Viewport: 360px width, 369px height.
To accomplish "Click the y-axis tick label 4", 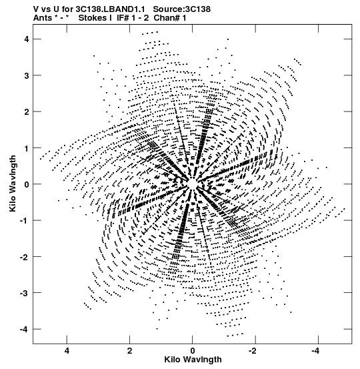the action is coord(27,39).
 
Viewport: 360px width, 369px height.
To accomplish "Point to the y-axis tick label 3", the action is coord(27,75).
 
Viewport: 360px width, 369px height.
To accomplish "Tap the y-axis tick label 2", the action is coord(27,112).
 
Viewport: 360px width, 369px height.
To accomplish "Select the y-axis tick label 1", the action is coord(27,148).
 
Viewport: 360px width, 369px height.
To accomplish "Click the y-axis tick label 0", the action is coord(27,184).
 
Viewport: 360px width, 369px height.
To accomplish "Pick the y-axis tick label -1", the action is coord(25,221).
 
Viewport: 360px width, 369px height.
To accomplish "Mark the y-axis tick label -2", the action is coord(25,257).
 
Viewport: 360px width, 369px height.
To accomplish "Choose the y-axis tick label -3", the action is coord(25,294).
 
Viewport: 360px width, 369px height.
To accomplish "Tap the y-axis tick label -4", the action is coord(25,330).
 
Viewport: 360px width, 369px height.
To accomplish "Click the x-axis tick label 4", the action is coord(67,351).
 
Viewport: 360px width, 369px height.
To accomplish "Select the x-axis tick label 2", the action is coord(129,351).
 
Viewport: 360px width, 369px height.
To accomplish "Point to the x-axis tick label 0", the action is coord(193,351).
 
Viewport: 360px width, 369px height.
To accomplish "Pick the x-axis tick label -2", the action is coord(253,351).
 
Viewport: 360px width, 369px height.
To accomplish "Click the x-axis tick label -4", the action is coord(315,351).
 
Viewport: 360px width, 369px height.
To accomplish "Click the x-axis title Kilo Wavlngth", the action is coord(193,360).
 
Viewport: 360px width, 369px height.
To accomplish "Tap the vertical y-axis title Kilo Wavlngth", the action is coord(13,183).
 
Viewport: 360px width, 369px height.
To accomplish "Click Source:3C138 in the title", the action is coord(182,9).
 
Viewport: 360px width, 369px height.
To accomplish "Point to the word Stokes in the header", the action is coord(93,17).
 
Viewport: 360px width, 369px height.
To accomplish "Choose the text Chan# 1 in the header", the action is coord(170,17).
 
